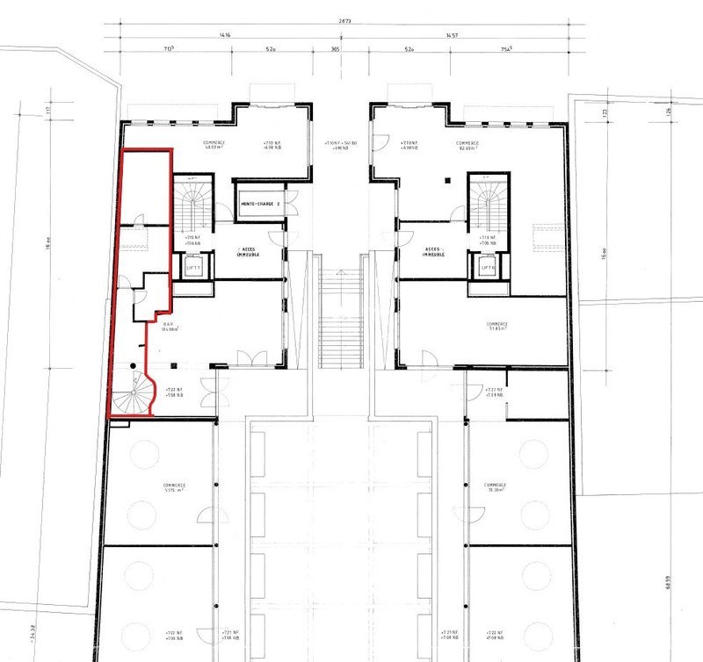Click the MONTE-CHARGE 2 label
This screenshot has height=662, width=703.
(260, 204)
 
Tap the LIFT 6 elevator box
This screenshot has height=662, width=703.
(485, 267)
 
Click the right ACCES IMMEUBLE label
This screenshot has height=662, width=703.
(433, 250)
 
